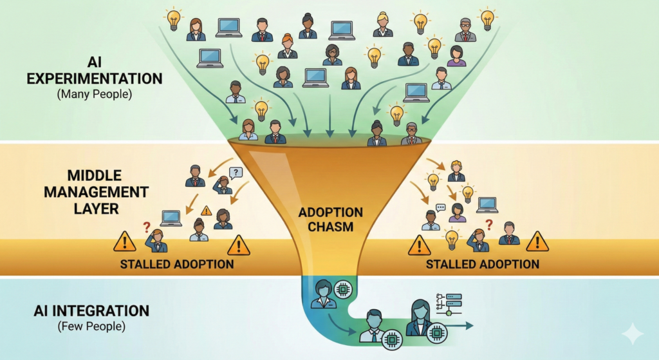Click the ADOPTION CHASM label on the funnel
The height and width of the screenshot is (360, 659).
(331, 220)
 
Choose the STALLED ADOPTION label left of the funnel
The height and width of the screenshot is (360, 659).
(177, 264)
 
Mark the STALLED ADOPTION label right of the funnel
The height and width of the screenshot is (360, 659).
(483, 264)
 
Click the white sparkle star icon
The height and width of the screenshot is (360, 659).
(632, 334)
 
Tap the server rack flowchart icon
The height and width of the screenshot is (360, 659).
(449, 303)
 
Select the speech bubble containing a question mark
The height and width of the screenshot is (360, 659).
(236, 172)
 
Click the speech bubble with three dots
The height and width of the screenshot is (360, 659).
(441, 207)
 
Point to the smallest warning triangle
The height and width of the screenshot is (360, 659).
(207, 211)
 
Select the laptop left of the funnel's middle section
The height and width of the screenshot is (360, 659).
(171, 218)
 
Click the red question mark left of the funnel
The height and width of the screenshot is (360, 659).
(147, 227)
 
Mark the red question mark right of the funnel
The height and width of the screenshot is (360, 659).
(489, 225)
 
